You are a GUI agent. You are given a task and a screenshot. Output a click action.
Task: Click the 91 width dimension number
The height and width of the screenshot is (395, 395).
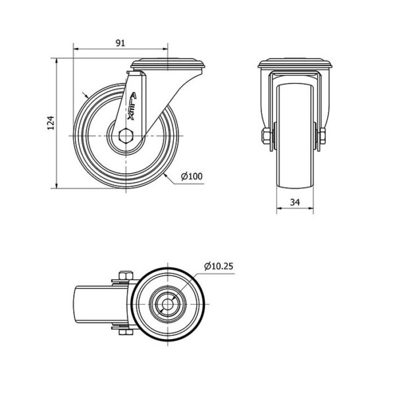(x=120, y=43)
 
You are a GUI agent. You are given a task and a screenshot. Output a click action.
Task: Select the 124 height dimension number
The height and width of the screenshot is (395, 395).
(x=51, y=123)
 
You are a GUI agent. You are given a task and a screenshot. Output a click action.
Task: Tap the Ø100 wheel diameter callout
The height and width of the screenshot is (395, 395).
(x=192, y=176)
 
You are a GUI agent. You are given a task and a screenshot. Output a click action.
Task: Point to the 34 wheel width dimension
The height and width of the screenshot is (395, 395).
(x=295, y=202)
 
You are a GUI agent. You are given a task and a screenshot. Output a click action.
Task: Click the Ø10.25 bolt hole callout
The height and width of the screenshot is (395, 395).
(x=219, y=266)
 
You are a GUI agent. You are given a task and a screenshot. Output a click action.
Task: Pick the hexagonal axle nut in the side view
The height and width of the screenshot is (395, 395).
(x=126, y=136)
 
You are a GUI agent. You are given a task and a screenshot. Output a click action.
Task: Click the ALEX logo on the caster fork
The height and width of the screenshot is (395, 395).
(x=132, y=106)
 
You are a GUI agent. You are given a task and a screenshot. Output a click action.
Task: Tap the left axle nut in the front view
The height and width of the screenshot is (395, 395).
(x=266, y=136)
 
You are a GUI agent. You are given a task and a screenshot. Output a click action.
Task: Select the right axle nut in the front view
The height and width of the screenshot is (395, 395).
(x=322, y=136)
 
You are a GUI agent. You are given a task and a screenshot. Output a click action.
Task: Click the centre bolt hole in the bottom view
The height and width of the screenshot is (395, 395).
(x=167, y=304)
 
